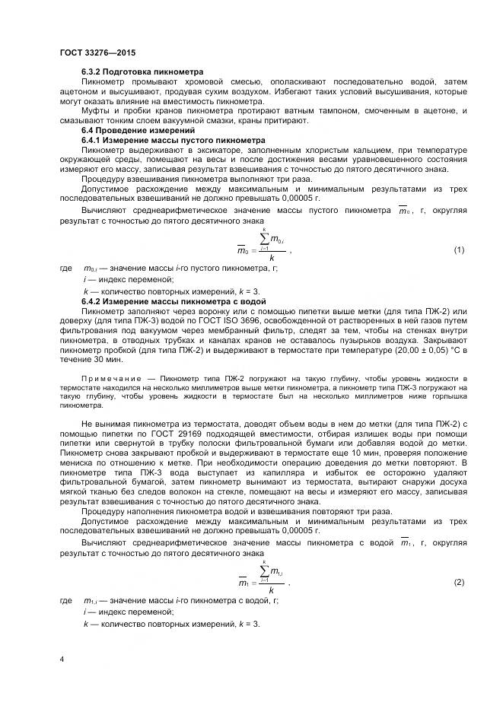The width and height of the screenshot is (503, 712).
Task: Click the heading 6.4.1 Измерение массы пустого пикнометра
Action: pyautogui.click(x=174, y=141)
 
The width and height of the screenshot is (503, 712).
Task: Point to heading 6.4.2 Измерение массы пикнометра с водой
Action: pyautogui.click(x=176, y=302)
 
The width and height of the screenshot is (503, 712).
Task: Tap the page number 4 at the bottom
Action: pyautogui.click(x=62, y=658)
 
